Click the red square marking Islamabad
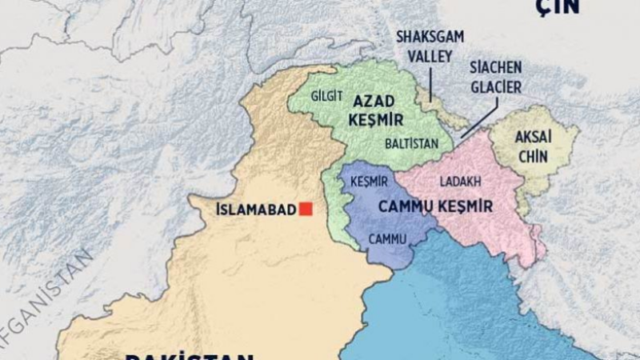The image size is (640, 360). click(306, 209)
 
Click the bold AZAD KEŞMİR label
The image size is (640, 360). click(376, 110)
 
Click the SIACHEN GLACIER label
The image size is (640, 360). click(496, 77)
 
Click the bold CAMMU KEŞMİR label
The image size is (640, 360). click(434, 206)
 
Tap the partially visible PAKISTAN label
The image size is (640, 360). click(190, 354)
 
